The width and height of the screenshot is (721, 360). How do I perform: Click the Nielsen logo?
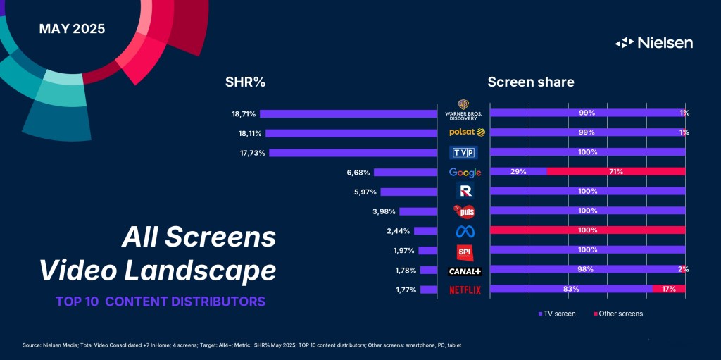tap(654, 43)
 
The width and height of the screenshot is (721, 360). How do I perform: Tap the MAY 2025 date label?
tap(72, 29)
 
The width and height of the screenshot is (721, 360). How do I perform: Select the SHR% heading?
tap(244, 82)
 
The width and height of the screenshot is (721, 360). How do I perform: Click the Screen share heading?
tap(531, 82)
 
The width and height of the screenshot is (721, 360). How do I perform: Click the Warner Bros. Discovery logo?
tap(464, 111)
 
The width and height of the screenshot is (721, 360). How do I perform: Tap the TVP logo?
tap(464, 153)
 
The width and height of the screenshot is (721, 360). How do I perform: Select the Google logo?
tap(465, 173)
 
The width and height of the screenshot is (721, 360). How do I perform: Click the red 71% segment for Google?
tap(615, 172)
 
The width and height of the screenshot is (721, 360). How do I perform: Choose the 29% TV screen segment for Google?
tap(518, 172)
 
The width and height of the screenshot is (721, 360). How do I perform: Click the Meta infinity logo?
tap(464, 230)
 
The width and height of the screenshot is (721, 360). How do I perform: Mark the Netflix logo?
tap(465, 290)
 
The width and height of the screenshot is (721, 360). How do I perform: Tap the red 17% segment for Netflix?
tap(669, 289)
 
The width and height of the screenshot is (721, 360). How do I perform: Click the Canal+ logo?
tap(465, 271)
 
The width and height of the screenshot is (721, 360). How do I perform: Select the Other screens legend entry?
tap(617, 314)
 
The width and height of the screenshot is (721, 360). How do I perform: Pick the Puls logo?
tap(464, 211)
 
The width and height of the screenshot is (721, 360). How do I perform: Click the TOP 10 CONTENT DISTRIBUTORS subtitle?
tap(161, 302)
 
